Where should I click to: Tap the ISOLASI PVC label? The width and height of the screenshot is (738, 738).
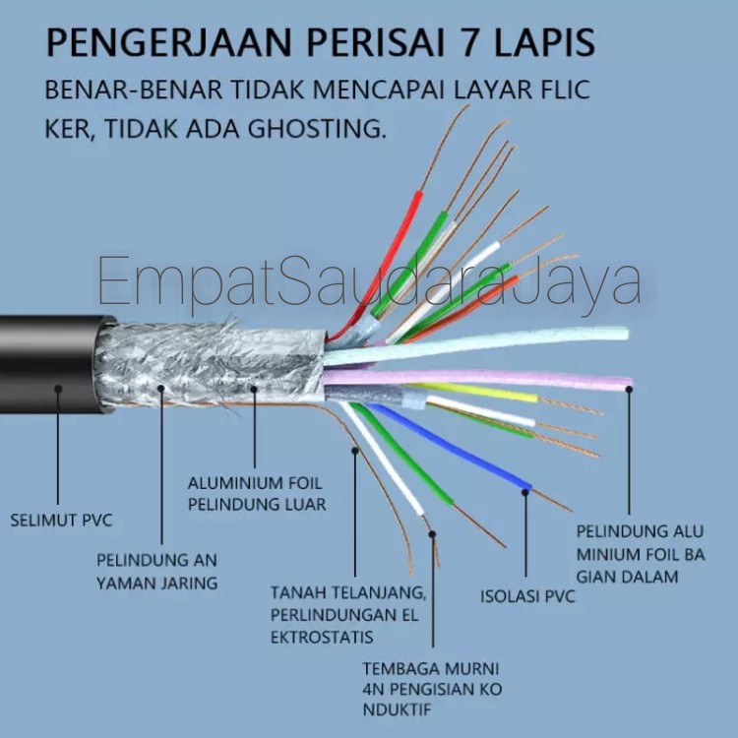point(526,596)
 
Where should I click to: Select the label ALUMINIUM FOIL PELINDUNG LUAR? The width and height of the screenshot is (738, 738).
point(256,494)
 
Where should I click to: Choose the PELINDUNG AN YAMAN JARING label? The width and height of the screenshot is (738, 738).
point(156,571)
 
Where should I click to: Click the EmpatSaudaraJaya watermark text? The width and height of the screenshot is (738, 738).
point(369,280)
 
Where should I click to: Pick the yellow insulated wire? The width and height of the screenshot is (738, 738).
point(482,392)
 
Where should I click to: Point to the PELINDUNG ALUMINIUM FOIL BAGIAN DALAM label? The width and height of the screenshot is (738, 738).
point(641,553)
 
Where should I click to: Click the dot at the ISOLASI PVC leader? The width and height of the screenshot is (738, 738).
point(525,489)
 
